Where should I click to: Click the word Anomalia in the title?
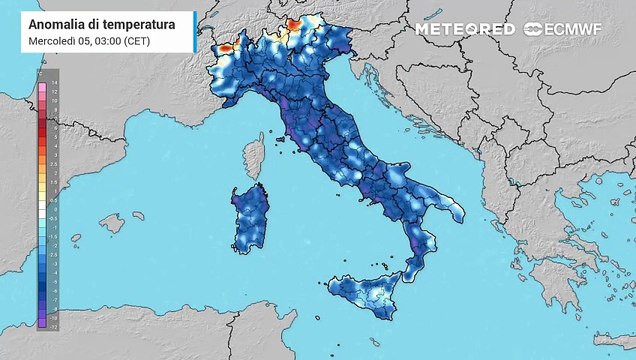(59, 22)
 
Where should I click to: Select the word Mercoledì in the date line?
(56, 39)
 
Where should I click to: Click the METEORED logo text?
(465, 29)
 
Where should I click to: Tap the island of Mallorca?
(111, 222)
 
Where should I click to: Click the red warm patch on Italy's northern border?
(294, 23)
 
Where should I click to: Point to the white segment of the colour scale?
(41, 205)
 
